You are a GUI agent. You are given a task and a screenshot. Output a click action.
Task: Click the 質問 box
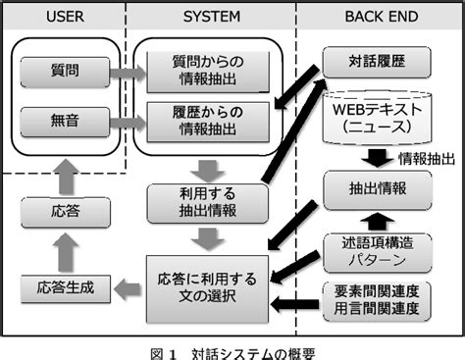[63, 72]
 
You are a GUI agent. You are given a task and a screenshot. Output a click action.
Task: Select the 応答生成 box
[63, 288]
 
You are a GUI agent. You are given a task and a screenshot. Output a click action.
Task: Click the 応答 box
[63, 209]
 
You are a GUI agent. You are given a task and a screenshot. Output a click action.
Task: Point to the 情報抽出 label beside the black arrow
[424, 158]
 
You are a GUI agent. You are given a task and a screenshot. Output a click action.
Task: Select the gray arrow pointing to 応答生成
[122, 288]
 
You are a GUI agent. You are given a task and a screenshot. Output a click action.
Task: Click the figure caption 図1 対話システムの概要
[232, 349]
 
